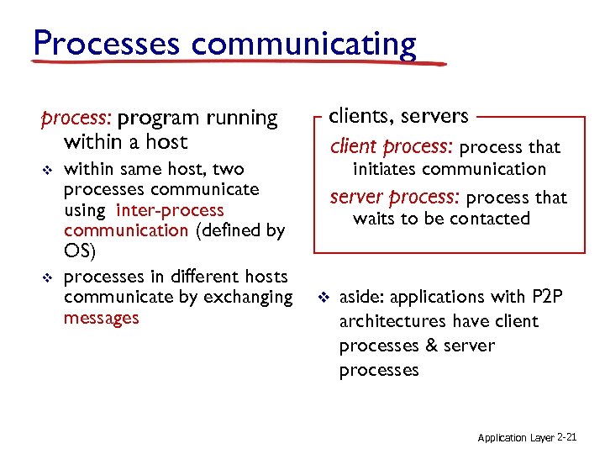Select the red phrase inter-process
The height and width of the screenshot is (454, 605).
tap(171, 210)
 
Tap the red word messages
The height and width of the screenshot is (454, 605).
tap(101, 318)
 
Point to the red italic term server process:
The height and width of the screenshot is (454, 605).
tap(395, 198)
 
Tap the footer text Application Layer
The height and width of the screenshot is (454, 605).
tap(515, 438)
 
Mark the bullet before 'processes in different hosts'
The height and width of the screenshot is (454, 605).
tap(47, 277)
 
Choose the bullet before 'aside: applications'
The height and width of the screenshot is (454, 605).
tap(323, 298)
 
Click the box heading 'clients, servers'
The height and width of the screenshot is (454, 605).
tap(398, 115)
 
